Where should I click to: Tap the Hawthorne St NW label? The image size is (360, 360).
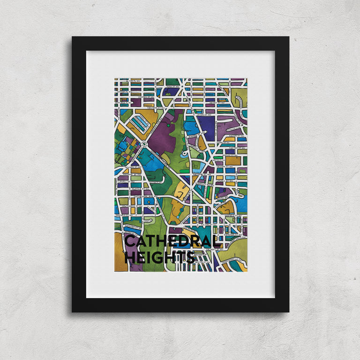coord(130,205)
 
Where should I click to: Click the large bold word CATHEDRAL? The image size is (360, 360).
coord(172,242)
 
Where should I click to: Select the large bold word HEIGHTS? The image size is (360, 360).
coord(159,257)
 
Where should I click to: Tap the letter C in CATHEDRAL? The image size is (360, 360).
coord(131,242)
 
